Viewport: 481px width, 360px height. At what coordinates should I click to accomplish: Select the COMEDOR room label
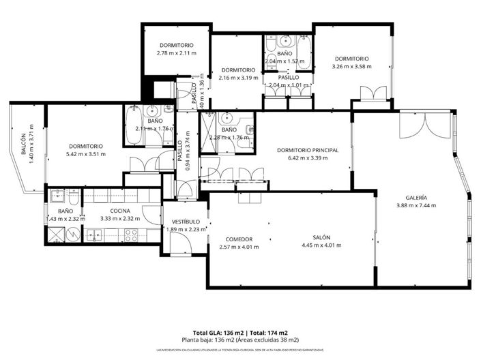pyautogui.click(x=239, y=239)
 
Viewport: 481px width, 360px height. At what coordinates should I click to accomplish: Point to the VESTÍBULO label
pyautogui.click(x=185, y=222)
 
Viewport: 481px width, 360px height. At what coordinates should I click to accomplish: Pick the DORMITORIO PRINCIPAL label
pyautogui.click(x=308, y=150)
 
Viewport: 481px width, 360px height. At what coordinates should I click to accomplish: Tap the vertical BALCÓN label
pyautogui.click(x=23, y=145)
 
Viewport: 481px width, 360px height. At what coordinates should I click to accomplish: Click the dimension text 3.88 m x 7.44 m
pyautogui.click(x=416, y=205)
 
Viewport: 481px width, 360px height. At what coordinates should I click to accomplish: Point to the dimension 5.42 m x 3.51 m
pyautogui.click(x=85, y=154)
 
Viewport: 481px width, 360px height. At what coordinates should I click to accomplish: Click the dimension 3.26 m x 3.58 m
pyautogui.click(x=351, y=66)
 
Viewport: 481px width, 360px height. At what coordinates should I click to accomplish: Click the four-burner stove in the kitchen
pyautogui.click(x=129, y=235)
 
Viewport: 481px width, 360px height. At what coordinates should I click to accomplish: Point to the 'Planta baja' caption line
pyautogui.click(x=239, y=340)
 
